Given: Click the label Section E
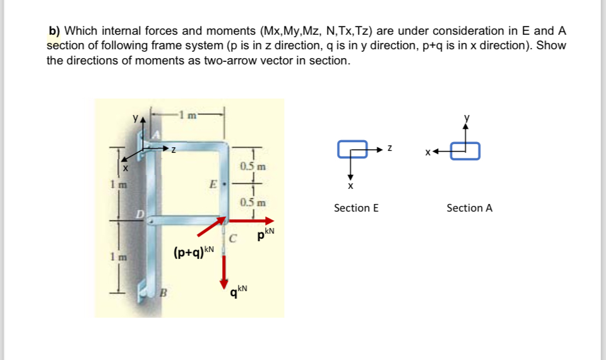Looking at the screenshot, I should click(x=356, y=208).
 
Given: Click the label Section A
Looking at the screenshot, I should click(x=469, y=208).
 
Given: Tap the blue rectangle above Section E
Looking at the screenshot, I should click(x=352, y=149).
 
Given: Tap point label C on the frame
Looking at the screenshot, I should click(x=233, y=239).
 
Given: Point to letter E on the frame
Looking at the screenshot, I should click(x=215, y=186).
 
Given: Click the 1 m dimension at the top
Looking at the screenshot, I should click(x=190, y=114).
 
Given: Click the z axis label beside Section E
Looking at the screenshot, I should click(x=391, y=149).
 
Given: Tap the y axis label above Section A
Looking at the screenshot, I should click(x=467, y=117).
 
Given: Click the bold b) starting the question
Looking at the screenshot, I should click(x=54, y=30).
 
